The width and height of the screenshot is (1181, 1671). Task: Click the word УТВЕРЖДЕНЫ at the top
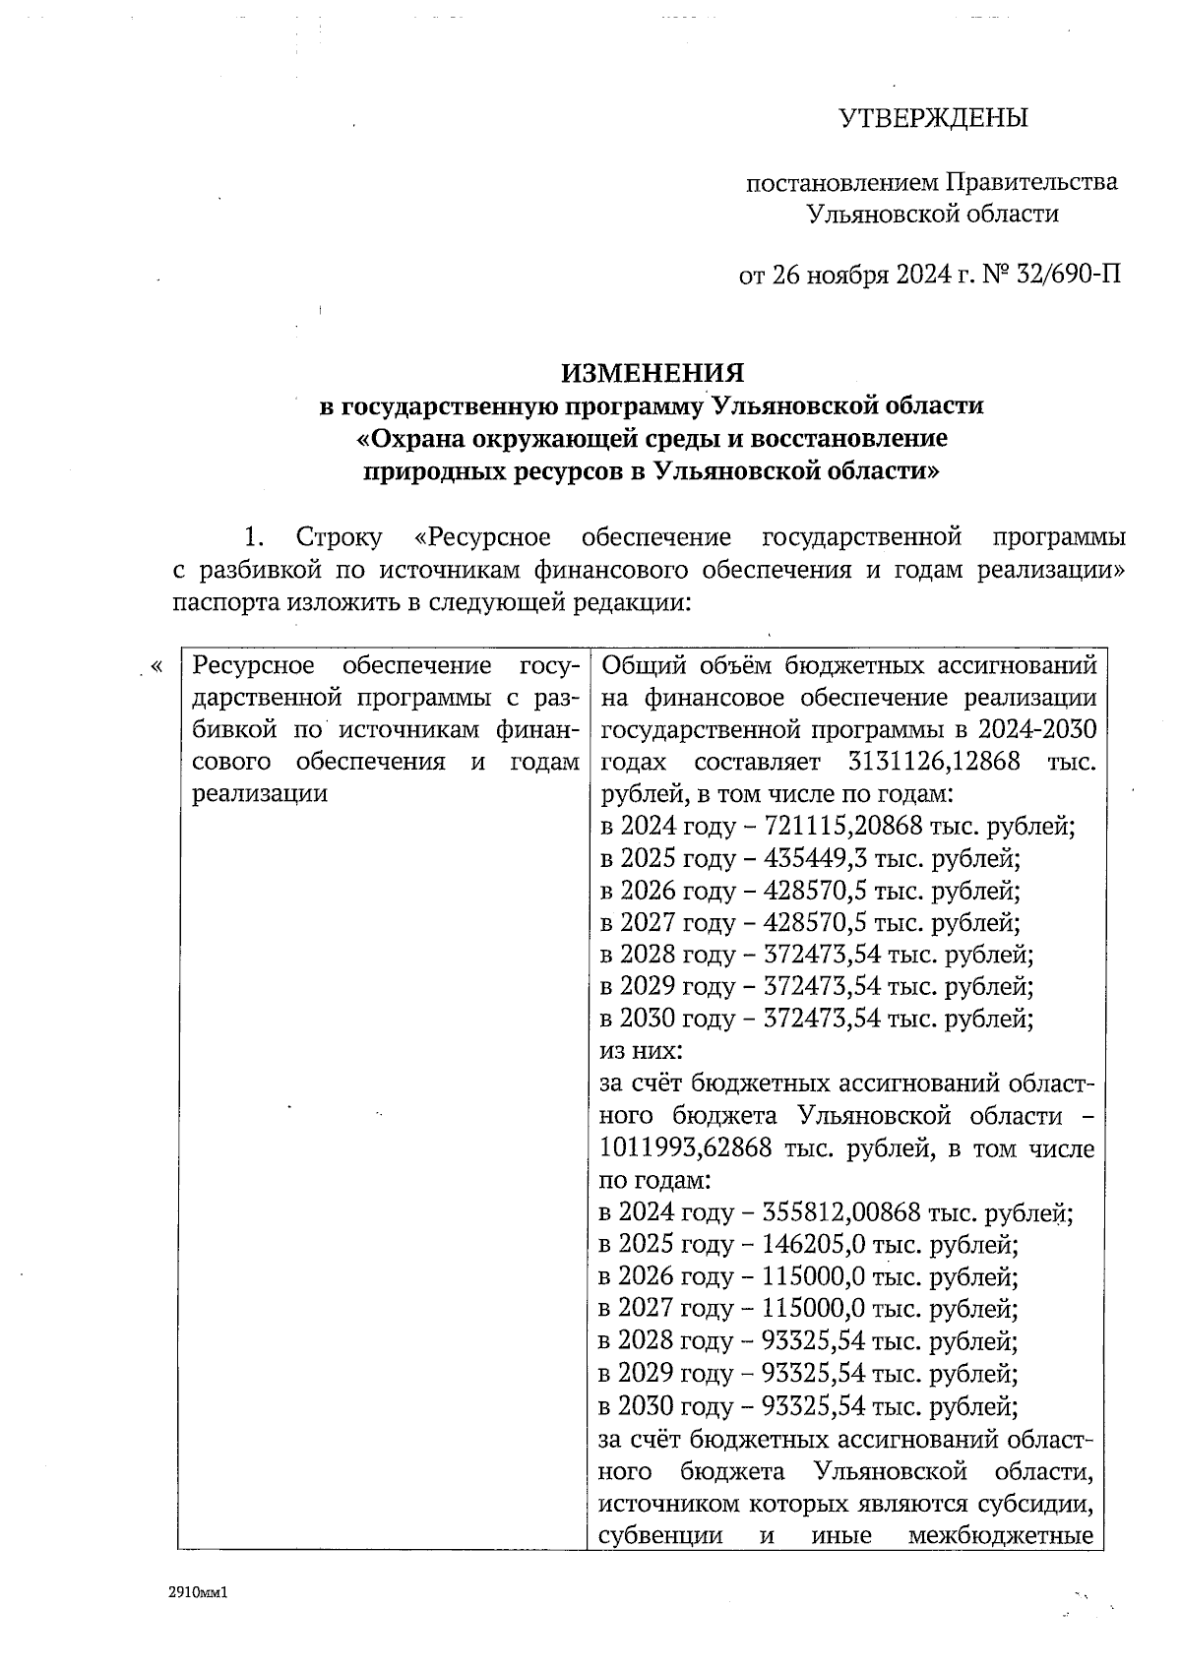933,119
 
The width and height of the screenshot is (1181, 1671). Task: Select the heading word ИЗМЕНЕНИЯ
653,373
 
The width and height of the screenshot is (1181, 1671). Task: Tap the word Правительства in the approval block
1031,183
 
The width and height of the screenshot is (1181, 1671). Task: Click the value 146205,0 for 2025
814,1245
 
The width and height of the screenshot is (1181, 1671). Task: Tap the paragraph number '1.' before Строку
254,538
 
